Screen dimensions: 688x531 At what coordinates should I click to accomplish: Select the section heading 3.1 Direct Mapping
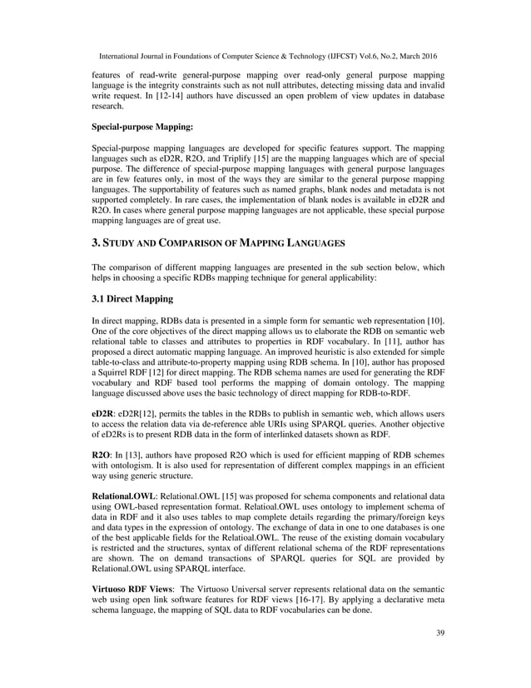(x=132, y=297)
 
